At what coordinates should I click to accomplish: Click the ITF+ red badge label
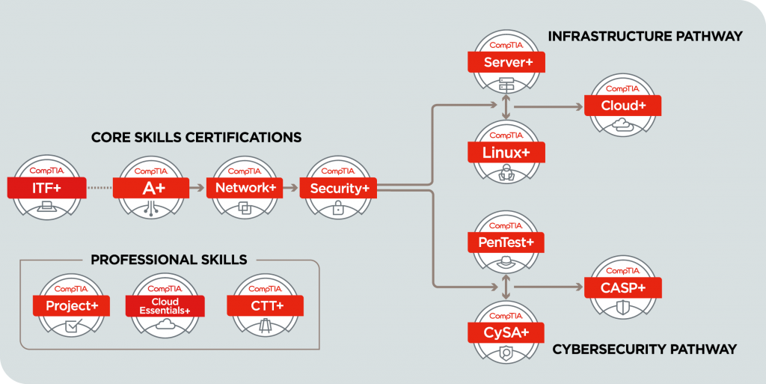click(47, 188)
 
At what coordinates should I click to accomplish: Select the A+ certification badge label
click(151, 188)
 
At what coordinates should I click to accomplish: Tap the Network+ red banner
click(245, 188)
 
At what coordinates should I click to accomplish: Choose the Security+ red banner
click(338, 188)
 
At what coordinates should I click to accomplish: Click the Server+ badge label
click(506, 63)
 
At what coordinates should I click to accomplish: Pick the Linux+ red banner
click(506, 153)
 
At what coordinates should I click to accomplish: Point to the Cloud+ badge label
click(623, 106)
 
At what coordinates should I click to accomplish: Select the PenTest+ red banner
click(506, 243)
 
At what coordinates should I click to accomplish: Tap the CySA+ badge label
click(506, 332)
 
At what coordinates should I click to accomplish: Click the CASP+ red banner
click(623, 287)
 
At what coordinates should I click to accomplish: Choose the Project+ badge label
click(71, 306)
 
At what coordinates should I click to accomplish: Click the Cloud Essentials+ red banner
click(165, 306)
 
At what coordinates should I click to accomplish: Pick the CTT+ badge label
click(266, 306)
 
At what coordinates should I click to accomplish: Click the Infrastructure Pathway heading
click(645, 36)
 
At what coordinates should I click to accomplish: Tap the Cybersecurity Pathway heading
click(644, 350)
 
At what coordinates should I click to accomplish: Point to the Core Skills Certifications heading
click(197, 137)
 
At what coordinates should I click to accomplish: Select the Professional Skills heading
click(169, 260)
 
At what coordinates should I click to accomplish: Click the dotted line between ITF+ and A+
click(99, 188)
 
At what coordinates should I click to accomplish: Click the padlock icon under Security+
click(337, 208)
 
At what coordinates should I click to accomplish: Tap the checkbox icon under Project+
click(74, 326)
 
